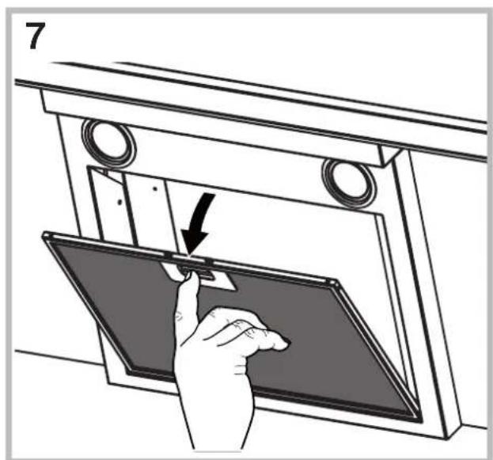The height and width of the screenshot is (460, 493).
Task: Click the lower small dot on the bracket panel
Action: pyautogui.click(x=119, y=202)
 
